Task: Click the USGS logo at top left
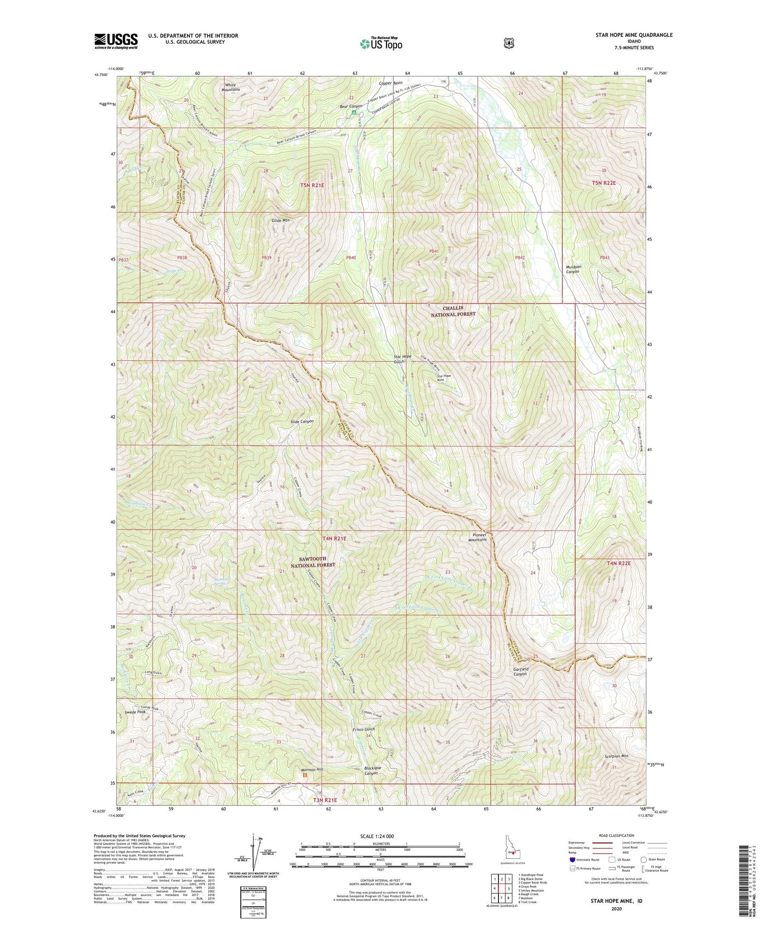pos(116,41)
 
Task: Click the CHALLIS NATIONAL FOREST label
pos(459,311)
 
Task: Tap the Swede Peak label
pos(136,712)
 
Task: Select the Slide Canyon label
pos(302,421)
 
